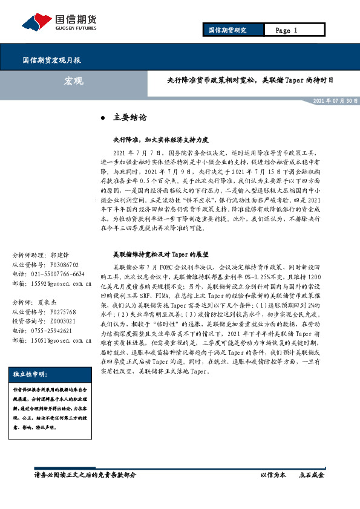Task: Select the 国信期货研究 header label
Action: (x=227, y=30)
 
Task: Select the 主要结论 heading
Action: (x=130, y=117)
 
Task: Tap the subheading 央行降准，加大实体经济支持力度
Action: (x=152, y=139)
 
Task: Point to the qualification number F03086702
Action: (x=68, y=265)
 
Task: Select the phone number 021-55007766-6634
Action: (x=62, y=274)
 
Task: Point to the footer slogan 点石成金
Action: (x=312, y=475)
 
